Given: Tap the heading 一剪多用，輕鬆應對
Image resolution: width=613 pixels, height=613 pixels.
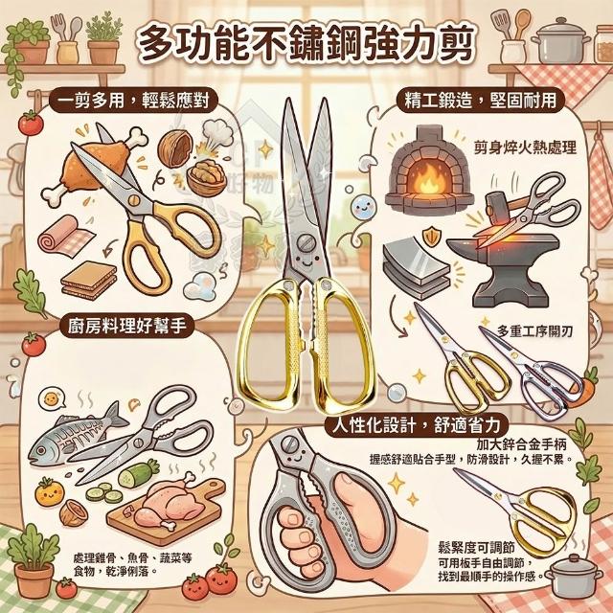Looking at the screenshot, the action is pos(133,101).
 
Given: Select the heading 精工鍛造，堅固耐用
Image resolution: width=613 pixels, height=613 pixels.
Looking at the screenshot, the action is pos(481,101).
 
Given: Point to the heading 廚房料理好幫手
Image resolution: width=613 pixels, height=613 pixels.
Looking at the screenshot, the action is pos(126,326).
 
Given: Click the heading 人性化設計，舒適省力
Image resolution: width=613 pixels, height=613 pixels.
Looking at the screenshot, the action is pos(417,425).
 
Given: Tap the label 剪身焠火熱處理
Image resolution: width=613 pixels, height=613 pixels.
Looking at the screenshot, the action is pos(525,148).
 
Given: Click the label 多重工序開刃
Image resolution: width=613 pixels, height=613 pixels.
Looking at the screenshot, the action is pos(534,331).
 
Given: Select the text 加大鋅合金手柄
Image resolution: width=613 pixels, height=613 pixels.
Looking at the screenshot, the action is pos(521,444).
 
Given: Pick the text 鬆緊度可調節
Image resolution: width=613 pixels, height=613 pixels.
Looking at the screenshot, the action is pos(476,547).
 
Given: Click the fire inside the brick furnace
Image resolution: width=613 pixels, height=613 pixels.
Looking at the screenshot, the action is pos(428,179).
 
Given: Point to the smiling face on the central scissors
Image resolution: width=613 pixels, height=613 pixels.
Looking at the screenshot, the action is pos(306,261).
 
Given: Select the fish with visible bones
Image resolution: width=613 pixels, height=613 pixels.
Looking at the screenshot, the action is pos(78,434).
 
